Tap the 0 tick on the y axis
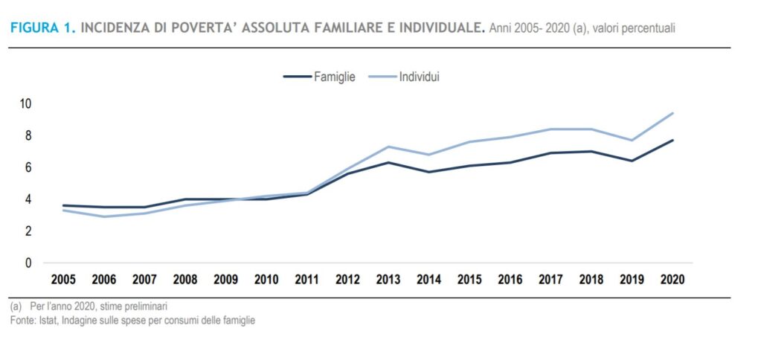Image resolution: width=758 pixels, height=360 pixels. click(x=29, y=263)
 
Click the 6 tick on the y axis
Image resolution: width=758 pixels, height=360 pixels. click(x=29, y=167)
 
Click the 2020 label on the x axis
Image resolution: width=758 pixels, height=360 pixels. click(x=672, y=280)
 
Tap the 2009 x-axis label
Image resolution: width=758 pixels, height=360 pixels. click(x=226, y=280)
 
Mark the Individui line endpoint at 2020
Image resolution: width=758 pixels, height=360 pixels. click(x=672, y=113)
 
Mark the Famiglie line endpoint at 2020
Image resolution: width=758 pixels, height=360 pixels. click(x=672, y=140)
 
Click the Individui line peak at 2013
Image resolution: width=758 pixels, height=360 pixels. click(x=388, y=147)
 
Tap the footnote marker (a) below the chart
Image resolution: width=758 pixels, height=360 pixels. click(x=16, y=307)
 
